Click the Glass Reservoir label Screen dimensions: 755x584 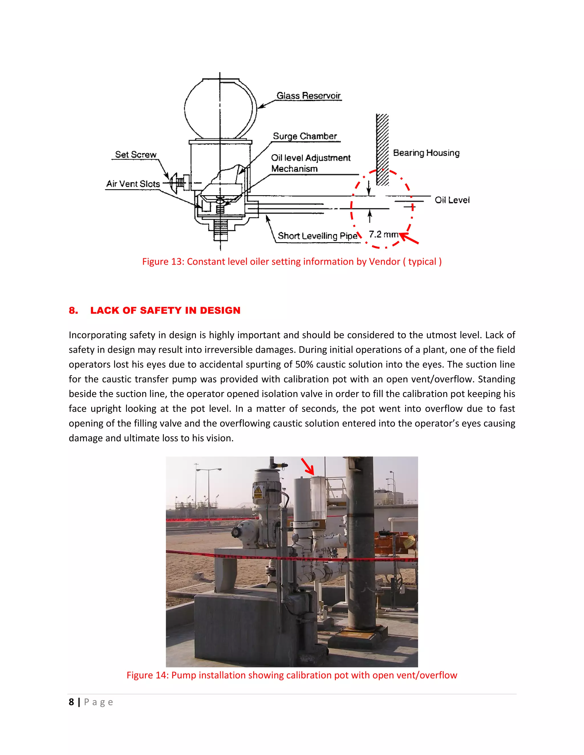pos(308,95)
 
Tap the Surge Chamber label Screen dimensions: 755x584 pos(305,136)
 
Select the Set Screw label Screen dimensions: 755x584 pos(136,154)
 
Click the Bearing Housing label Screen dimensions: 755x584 pos(426,152)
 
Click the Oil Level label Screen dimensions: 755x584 pos(452,200)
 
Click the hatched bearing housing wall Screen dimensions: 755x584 pos(382,149)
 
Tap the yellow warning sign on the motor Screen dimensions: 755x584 pos(258,490)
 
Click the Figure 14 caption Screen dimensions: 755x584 pos(292,675)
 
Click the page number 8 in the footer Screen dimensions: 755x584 pos(71,702)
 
